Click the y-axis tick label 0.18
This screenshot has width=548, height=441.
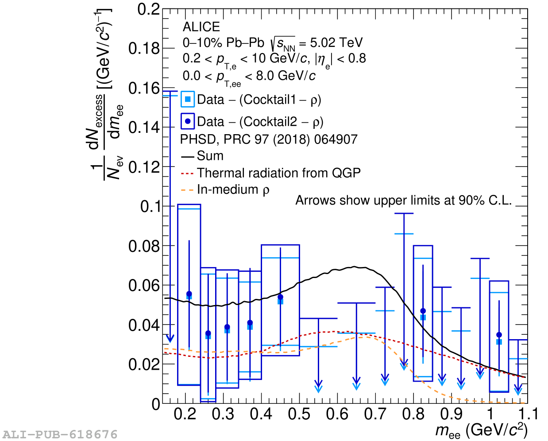pyautogui.click(x=143, y=49)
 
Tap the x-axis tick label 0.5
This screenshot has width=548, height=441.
pyautogui.click(x=299, y=414)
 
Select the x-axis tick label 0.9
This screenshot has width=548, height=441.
pyautogui.click(x=451, y=414)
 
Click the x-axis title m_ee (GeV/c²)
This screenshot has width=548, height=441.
pyautogui.click(x=481, y=430)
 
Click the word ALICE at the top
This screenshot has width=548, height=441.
pyautogui.click(x=201, y=27)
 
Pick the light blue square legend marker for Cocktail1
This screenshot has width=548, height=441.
pyautogui.click(x=188, y=100)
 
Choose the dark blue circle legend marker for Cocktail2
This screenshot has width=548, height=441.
pyautogui.click(x=188, y=121)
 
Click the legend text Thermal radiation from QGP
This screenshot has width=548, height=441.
pyautogui.click(x=278, y=173)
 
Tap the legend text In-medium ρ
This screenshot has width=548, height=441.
pyautogui.click(x=233, y=190)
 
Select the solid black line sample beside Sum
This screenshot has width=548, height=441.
pyautogui.click(x=188, y=156)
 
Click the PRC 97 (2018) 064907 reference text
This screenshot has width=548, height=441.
pyautogui.click(x=290, y=139)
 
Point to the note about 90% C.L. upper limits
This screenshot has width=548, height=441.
pyautogui.click(x=403, y=201)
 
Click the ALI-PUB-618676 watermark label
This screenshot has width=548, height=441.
pyautogui.click(x=60, y=434)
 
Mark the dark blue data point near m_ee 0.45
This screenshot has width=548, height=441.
pyautogui.click(x=280, y=297)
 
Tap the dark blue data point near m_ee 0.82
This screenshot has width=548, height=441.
pyautogui.click(x=423, y=311)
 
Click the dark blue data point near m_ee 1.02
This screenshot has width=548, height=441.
pyautogui.click(x=499, y=335)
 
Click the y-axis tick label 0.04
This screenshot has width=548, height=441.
pyautogui.click(x=143, y=325)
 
